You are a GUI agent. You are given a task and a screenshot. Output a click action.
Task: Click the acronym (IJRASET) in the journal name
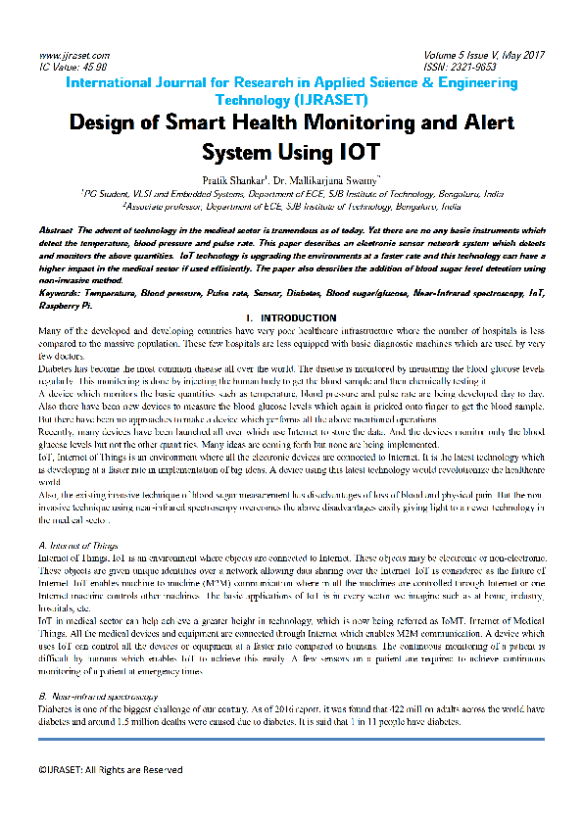point(332,100)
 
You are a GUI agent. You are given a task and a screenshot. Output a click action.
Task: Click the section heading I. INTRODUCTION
point(291,318)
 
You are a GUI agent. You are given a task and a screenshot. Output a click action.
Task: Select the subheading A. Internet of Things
point(77,544)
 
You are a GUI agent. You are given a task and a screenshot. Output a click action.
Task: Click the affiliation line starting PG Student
point(291,195)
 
